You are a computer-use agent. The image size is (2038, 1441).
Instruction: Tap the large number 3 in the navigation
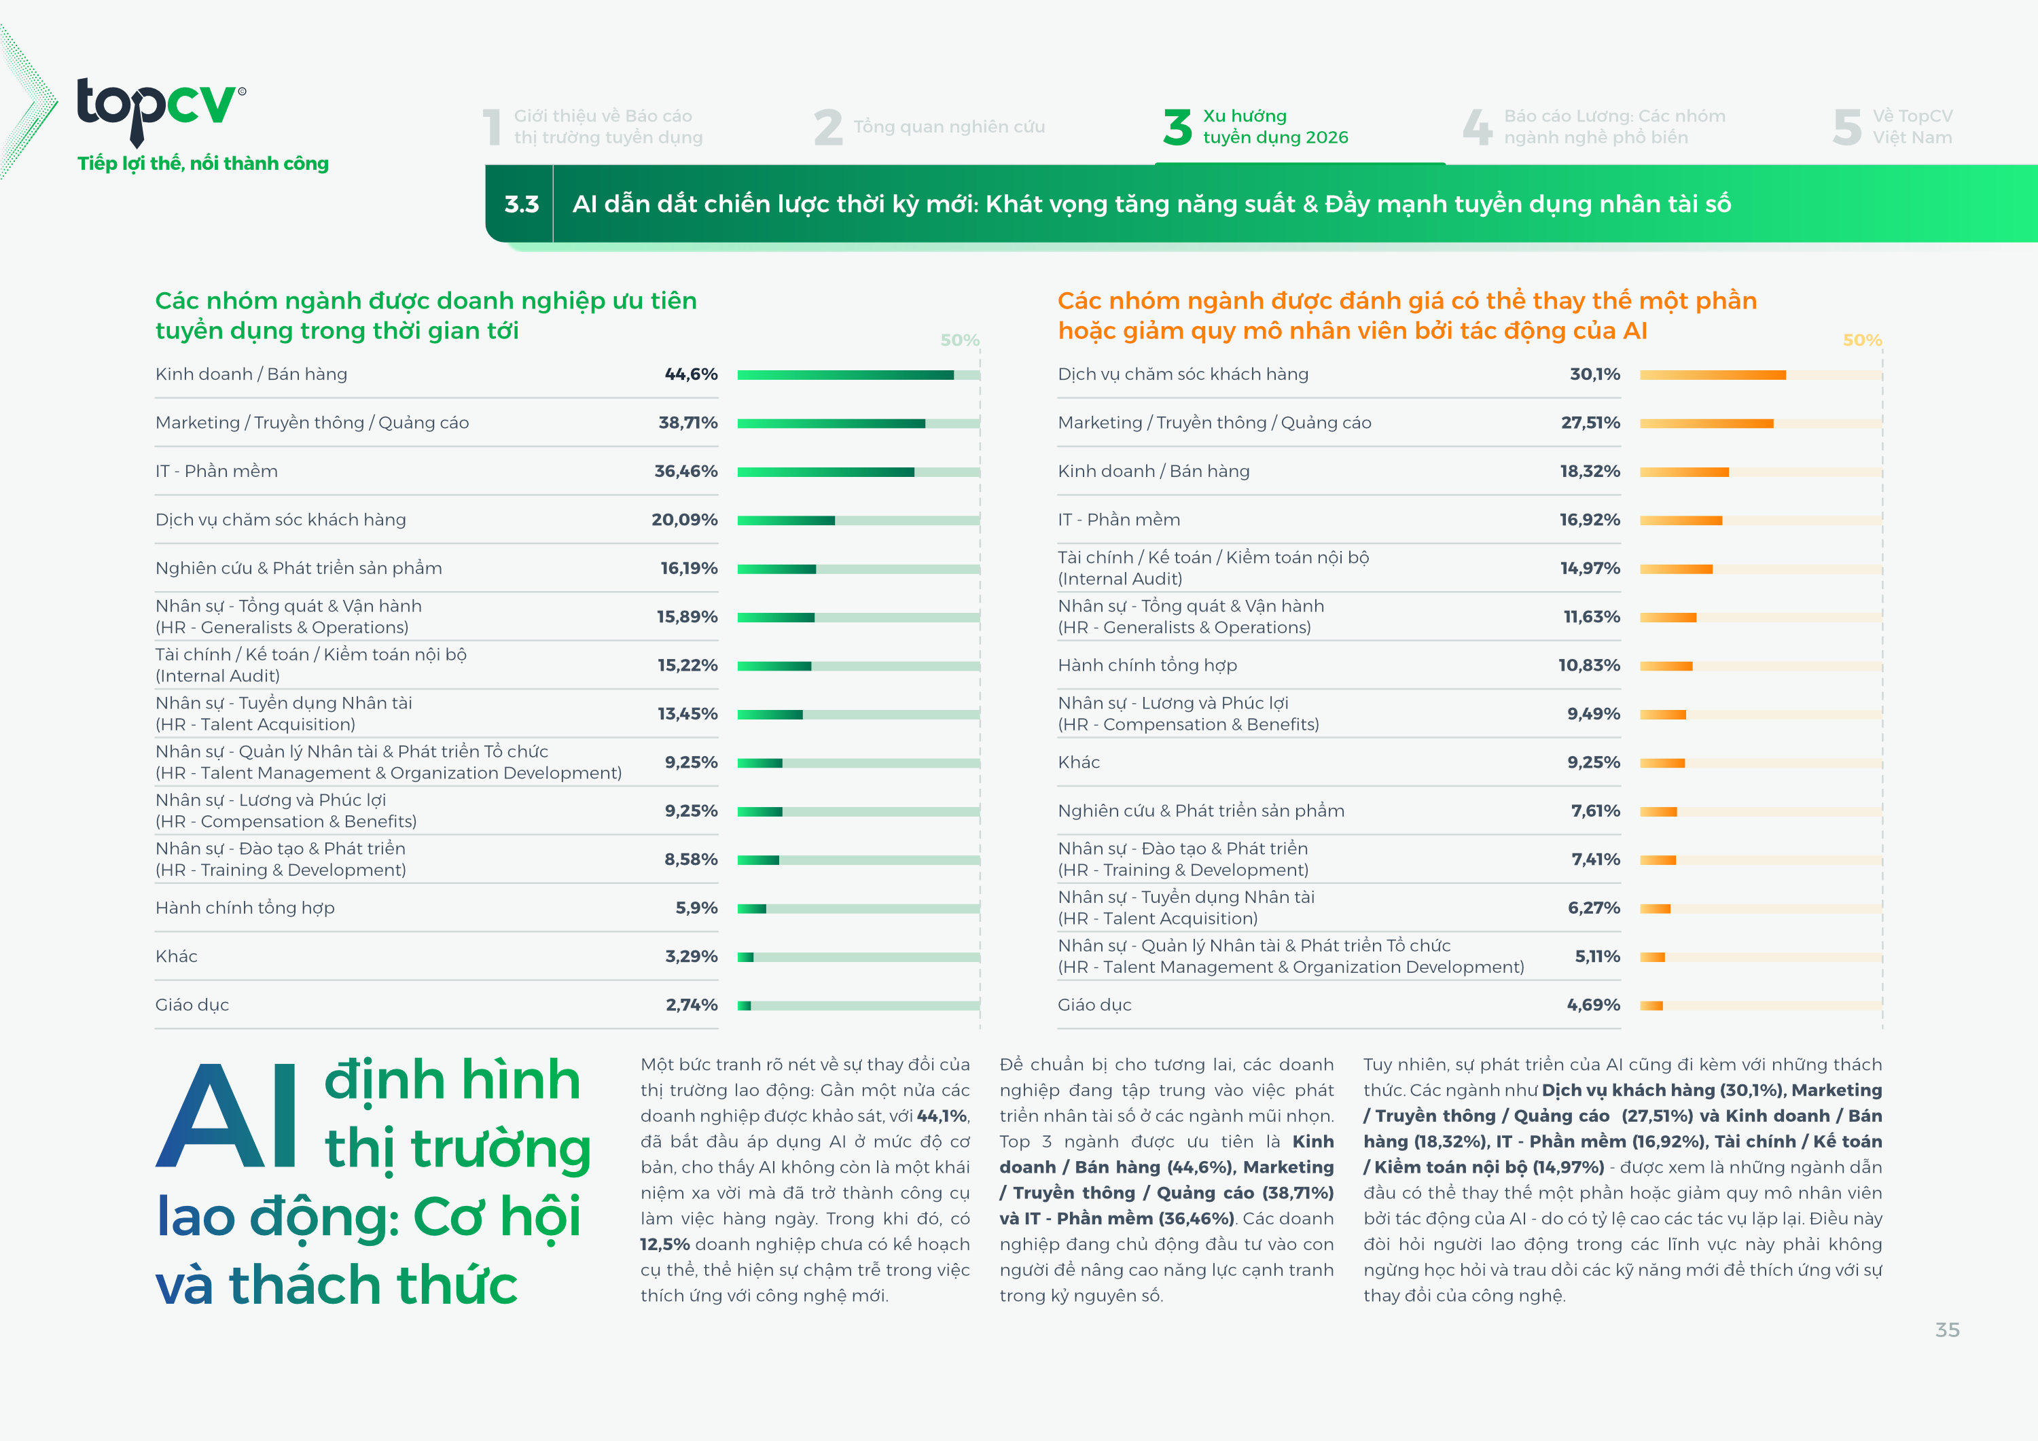click(1177, 127)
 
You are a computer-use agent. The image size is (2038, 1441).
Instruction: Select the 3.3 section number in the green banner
click(521, 204)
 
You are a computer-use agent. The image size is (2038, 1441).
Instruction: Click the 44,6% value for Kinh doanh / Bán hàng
click(691, 374)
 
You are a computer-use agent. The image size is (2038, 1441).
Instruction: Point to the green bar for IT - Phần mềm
click(825, 472)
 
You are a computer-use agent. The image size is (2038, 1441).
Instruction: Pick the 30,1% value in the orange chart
click(1594, 374)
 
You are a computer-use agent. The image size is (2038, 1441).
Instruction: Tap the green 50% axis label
click(959, 340)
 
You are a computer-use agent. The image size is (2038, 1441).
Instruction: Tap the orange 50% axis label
click(1861, 340)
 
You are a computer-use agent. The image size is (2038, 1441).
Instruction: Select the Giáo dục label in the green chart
click(192, 1005)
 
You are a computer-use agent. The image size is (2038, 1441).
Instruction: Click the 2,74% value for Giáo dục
click(691, 1005)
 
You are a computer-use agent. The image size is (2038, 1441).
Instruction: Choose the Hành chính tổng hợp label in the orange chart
click(1147, 666)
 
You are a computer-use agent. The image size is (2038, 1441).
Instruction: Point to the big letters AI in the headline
click(227, 1116)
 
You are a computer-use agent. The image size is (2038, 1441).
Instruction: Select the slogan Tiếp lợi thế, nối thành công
click(202, 163)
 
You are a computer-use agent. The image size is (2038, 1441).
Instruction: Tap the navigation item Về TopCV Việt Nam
click(1911, 127)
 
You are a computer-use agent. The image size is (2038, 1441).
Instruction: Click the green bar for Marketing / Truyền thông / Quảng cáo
click(831, 423)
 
